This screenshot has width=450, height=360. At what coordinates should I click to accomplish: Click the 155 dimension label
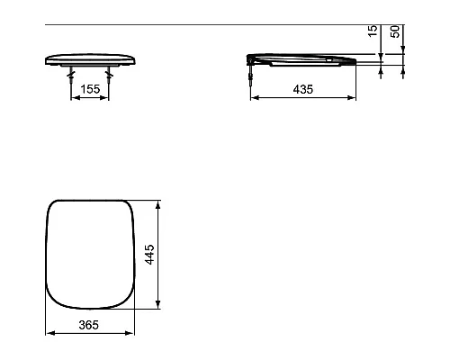click(88, 90)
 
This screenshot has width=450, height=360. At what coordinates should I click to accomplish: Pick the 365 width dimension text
click(88, 323)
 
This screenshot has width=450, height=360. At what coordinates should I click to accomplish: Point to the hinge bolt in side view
click(251, 74)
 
